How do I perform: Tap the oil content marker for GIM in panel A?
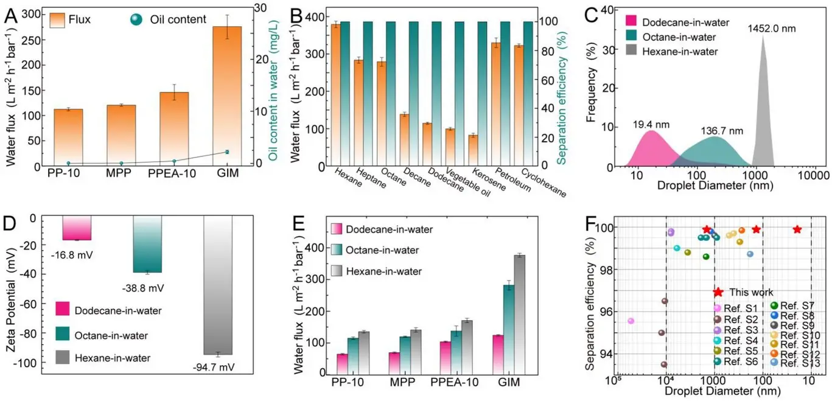click(x=227, y=152)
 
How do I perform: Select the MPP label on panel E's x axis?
click(x=404, y=385)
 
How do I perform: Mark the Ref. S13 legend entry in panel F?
click(x=805, y=363)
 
